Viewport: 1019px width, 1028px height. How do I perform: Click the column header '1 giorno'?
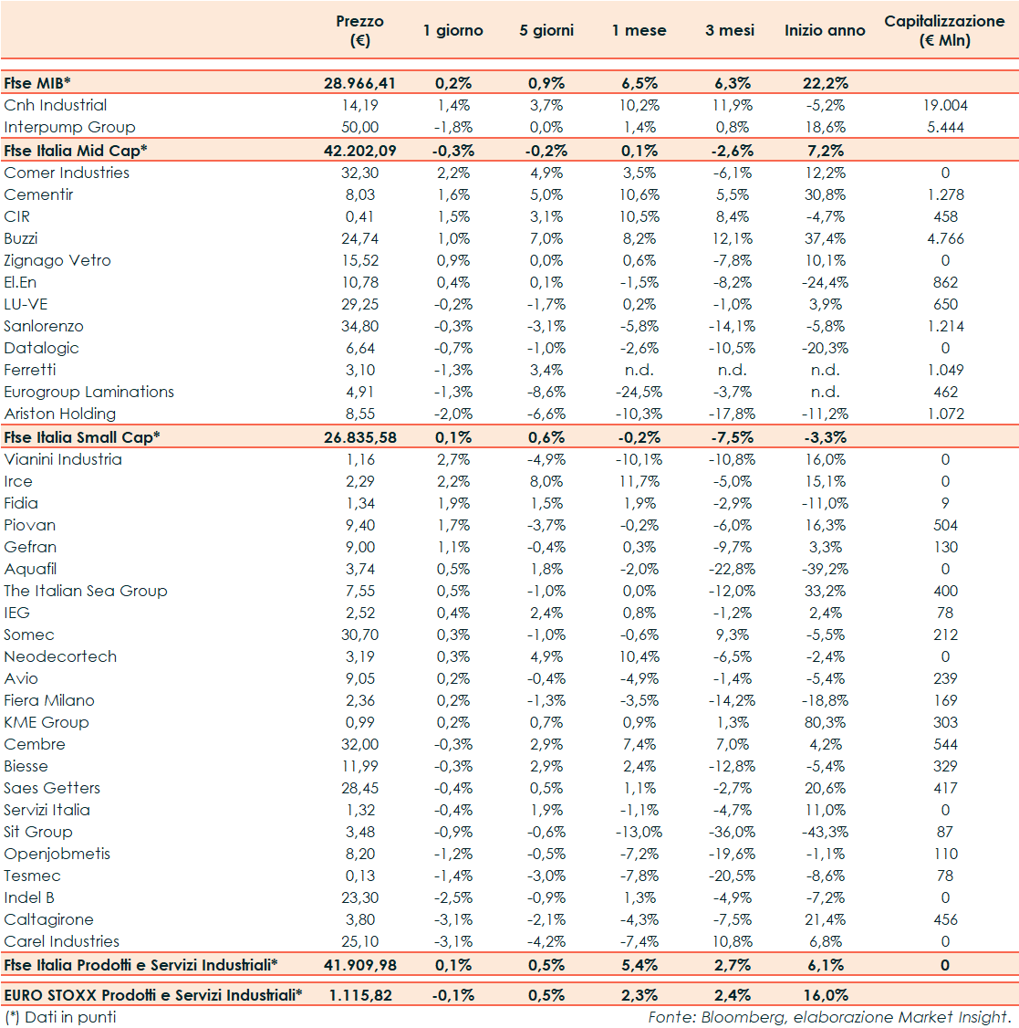tap(452, 31)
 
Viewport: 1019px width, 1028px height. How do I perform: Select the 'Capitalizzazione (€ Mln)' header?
tap(944, 31)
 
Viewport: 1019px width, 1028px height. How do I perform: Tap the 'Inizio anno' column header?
tap(825, 31)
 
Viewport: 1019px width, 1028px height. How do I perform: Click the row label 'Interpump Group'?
tap(69, 128)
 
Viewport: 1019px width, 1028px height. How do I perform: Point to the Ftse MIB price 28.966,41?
tap(360, 83)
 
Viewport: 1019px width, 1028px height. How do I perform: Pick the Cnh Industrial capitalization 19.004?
tap(945, 106)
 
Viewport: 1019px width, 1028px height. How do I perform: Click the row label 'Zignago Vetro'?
tap(57, 261)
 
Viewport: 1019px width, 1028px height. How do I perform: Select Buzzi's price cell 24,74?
tap(358, 239)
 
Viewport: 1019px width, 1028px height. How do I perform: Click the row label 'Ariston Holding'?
tap(59, 414)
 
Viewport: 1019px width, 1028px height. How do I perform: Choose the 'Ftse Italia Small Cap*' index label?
tap(82, 437)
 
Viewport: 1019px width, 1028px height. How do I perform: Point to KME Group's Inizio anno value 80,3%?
tap(825, 723)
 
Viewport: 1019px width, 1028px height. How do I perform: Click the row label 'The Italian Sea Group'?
tap(86, 592)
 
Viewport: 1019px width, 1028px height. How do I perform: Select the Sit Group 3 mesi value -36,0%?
tap(732, 833)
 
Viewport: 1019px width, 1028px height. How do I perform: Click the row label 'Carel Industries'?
tap(62, 942)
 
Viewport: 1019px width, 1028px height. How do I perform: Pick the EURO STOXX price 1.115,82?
tap(360, 996)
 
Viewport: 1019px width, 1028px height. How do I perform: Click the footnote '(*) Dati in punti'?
tap(60, 1017)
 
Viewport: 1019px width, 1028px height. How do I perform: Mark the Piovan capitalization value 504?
tap(945, 526)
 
